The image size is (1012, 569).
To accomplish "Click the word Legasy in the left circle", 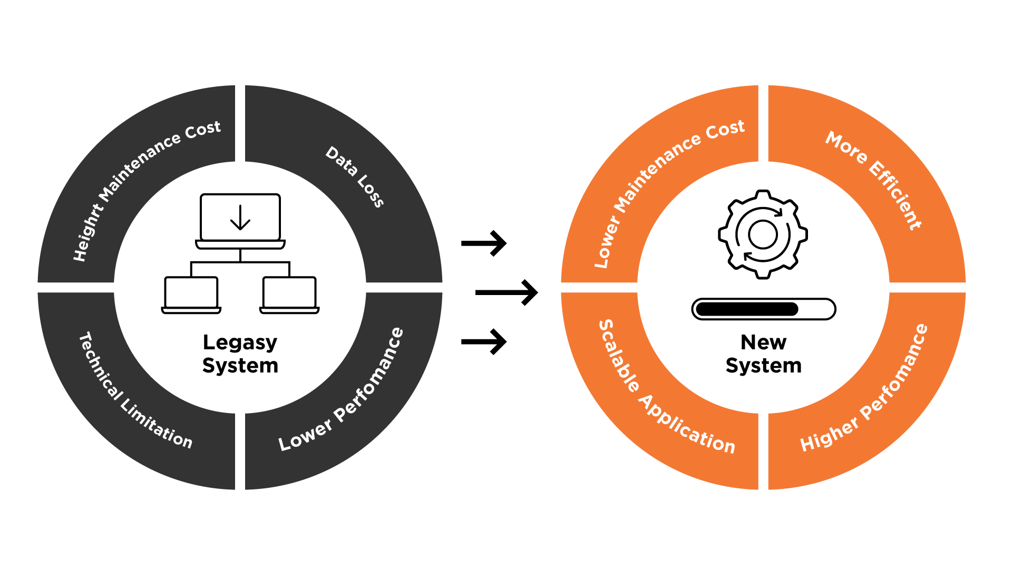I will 240,343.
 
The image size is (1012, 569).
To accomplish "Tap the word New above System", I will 763,342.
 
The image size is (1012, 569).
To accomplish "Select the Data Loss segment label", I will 354,176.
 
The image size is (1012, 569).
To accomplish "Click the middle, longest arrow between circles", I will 506,292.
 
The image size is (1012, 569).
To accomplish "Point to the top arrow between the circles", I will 484,243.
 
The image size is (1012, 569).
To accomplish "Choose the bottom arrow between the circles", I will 484,342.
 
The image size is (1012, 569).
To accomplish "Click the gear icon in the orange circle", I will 763,234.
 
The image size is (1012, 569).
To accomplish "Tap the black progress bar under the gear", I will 763,309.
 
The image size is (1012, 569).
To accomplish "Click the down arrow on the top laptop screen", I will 240,218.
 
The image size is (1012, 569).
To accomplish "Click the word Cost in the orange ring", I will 725,130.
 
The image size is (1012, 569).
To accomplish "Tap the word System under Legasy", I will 240,366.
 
